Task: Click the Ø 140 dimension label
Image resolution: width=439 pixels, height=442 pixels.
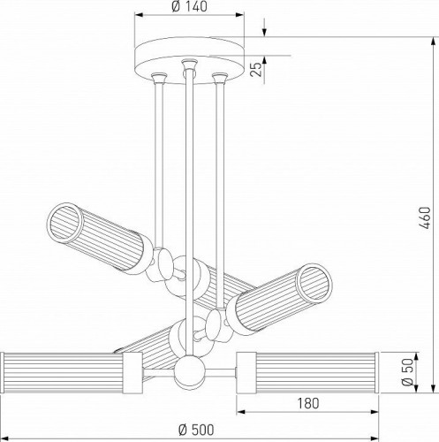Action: pyautogui.click(x=189, y=6)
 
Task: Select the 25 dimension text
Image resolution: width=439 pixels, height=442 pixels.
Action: pyautogui.click(x=256, y=70)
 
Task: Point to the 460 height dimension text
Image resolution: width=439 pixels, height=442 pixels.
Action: pyautogui.click(x=425, y=218)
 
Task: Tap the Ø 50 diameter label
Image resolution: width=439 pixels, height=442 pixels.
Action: pyautogui.click(x=407, y=372)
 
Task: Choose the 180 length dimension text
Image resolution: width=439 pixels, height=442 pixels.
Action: pyautogui.click(x=307, y=403)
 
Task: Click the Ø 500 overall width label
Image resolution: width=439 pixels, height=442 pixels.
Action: pyautogui.click(x=196, y=431)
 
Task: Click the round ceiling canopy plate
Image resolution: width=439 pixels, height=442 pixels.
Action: pyautogui.click(x=189, y=60)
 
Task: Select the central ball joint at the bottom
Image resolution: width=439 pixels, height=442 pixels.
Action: pyautogui.click(x=189, y=371)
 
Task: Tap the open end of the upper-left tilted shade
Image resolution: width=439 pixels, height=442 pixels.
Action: pyautogui.click(x=64, y=221)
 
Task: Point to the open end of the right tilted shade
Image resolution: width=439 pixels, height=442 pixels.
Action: pyautogui.click(x=314, y=282)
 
